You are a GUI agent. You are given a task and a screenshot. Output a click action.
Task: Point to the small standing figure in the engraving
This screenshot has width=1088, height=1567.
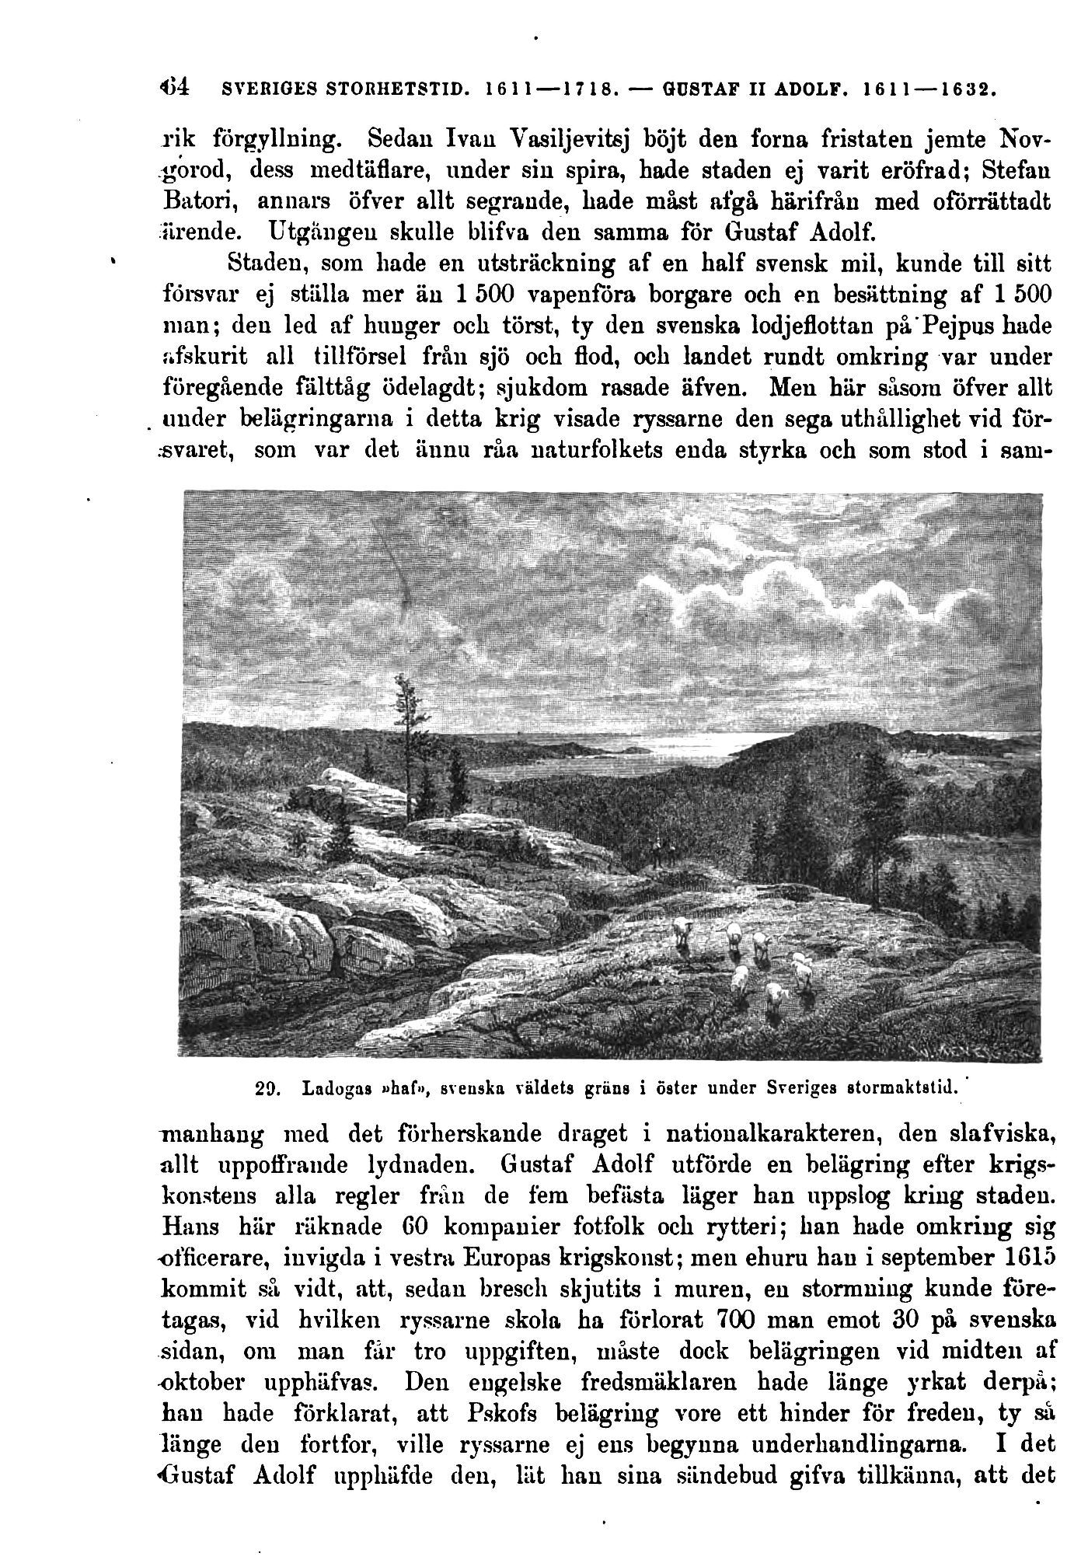tap(657, 851)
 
